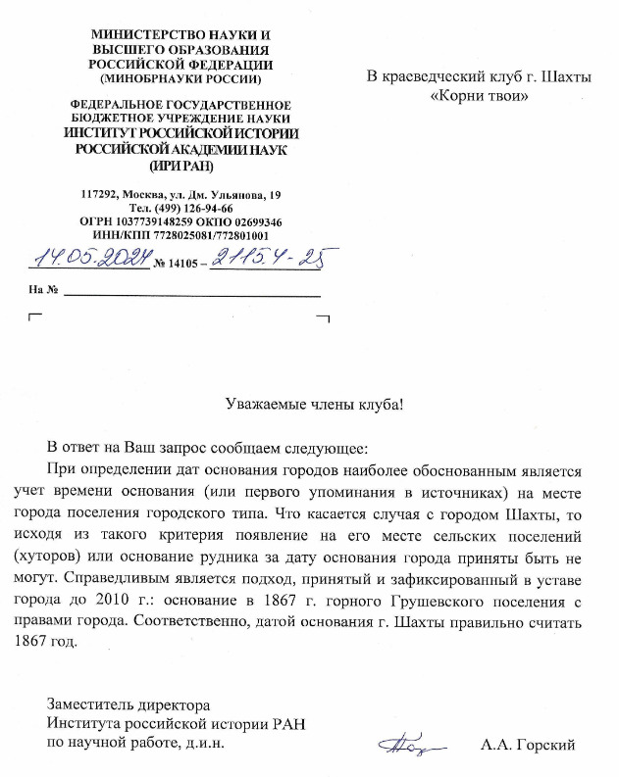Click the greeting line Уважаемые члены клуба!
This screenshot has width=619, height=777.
(314, 403)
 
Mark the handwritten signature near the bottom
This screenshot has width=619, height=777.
(404, 746)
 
